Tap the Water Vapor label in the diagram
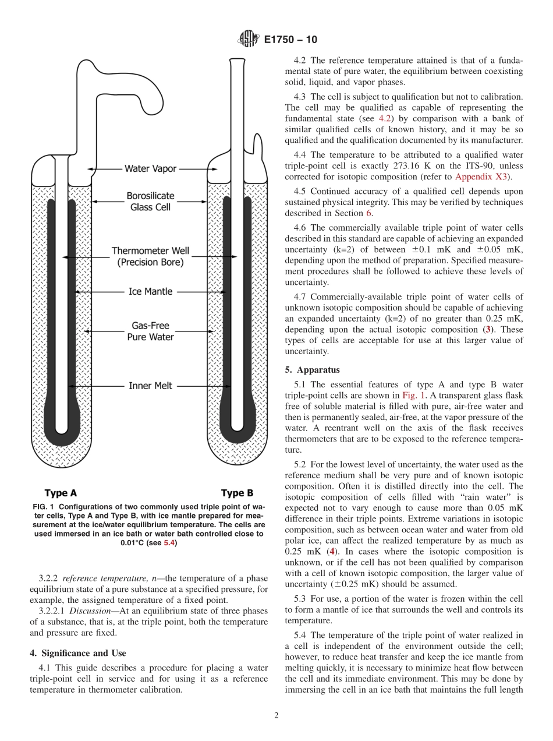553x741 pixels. pyautogui.click(x=150, y=169)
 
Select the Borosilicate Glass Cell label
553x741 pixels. pyautogui.click(x=150, y=202)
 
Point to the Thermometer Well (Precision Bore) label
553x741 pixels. pyautogui.click(x=150, y=257)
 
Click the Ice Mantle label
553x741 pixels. pyautogui.click(x=150, y=291)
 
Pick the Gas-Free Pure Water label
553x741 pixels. pyautogui.click(x=150, y=331)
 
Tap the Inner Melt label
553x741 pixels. pyautogui.click(x=150, y=386)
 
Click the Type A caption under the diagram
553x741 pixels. pyautogui.click(x=61, y=493)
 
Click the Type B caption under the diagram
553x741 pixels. pyautogui.click(x=237, y=493)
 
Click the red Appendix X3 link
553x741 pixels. pyautogui.click(x=481, y=177)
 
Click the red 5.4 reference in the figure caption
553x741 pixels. pyautogui.click(x=169, y=543)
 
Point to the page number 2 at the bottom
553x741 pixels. pyautogui.click(x=276, y=715)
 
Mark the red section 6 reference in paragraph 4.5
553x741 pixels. pyautogui.click(x=368, y=213)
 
